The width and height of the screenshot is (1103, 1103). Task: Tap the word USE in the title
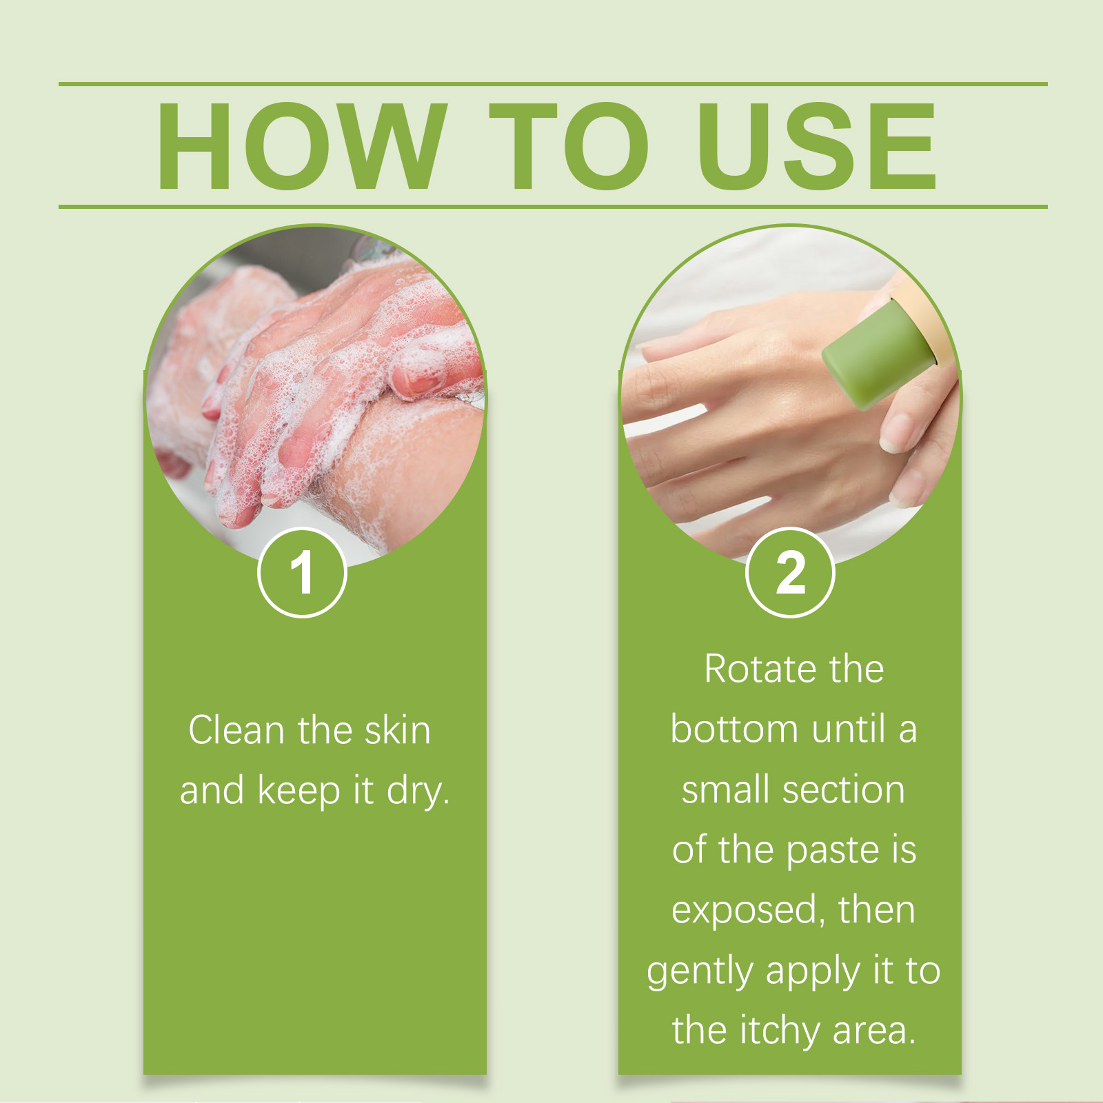[817, 145]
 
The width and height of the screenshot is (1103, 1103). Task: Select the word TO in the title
[569, 145]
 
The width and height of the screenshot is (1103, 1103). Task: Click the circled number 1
[302, 572]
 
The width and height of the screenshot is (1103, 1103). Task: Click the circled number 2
[790, 572]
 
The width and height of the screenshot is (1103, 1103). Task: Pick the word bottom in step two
[733, 729]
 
